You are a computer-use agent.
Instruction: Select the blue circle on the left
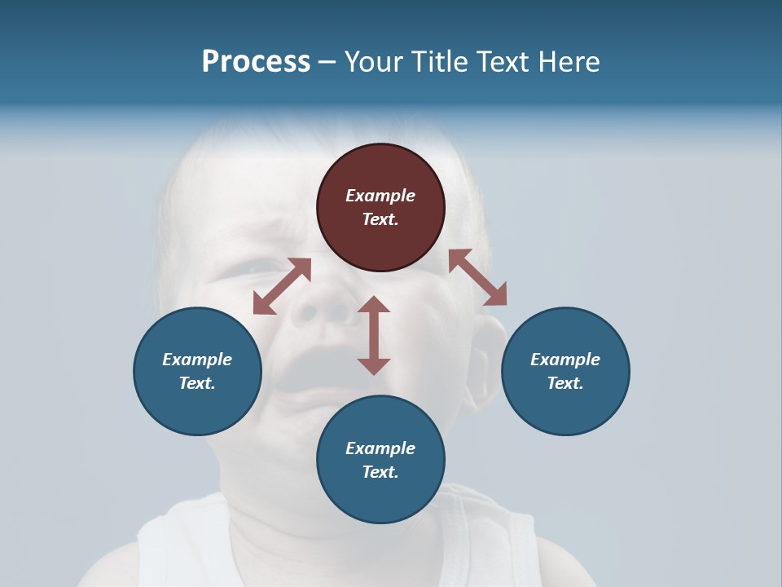197,371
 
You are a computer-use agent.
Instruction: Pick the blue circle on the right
565,371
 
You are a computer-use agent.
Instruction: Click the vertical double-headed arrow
374,335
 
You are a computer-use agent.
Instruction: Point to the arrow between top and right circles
477,277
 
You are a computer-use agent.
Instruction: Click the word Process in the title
256,61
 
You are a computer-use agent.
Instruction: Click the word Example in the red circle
380,196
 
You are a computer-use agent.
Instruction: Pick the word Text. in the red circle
380,219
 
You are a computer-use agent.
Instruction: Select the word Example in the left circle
197,360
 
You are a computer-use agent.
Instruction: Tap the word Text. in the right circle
565,383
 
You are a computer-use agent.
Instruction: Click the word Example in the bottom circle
380,448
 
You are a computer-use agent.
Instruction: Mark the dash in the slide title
327,62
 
